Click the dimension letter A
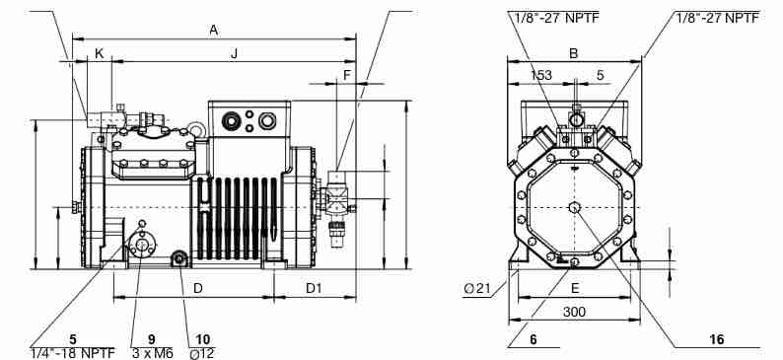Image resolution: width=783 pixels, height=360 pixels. [214, 30]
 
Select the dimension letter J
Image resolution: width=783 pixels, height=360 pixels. [234, 53]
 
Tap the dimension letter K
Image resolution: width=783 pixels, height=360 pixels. [100, 53]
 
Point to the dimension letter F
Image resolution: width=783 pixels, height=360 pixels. [347, 75]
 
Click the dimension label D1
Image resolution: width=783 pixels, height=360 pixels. [315, 289]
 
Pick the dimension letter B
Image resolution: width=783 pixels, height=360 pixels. [574, 53]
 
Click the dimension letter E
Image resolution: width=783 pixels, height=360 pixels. [575, 288]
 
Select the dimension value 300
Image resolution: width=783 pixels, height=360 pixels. [574, 312]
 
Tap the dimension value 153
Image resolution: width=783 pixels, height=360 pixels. [540, 75]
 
